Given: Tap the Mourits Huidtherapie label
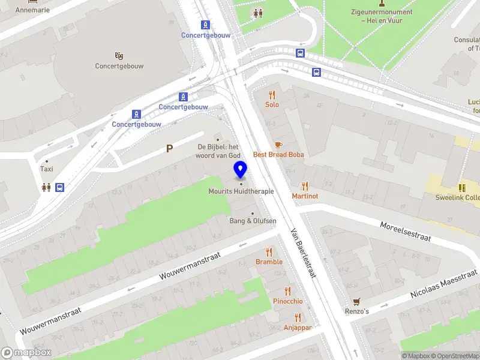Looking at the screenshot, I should pos(241,191).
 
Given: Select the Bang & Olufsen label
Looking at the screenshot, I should pos(253,221).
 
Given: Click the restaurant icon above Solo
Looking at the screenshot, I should pos(272,95).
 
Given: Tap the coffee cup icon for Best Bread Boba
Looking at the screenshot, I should pos(278,145).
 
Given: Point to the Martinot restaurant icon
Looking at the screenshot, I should pos(305,187).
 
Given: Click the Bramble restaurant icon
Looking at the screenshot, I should pos(269,252).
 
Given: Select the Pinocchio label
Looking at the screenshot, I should pos(288,301).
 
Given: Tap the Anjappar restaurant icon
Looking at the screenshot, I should pos(297,317).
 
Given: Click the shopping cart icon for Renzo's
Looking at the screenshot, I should pos(356,301).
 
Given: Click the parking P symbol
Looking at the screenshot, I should pos(170,149).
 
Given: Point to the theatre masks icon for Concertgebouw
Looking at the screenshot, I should pos(119,56).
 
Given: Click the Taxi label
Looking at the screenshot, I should pos(47,169).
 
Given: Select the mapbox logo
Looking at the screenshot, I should pos(26,353).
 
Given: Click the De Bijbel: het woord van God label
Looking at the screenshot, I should pos(218,151).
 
